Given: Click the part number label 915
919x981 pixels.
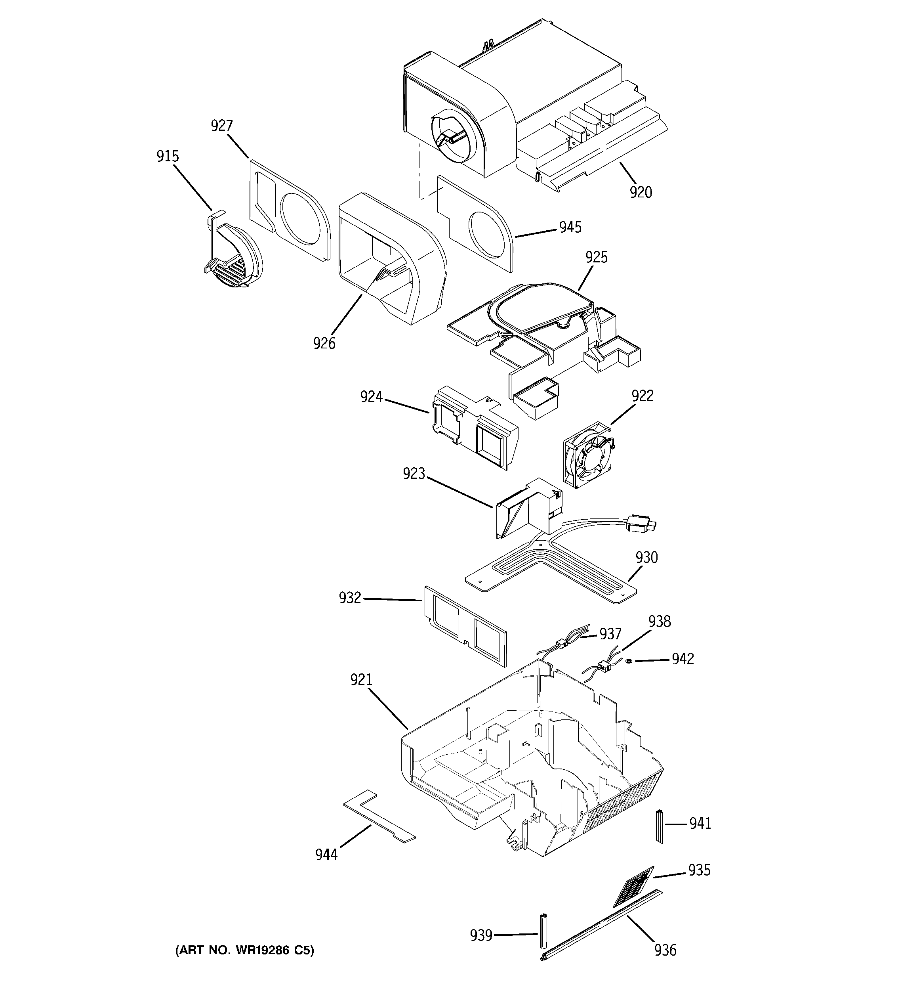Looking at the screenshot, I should (167, 157).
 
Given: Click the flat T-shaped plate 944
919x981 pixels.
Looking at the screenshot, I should (378, 822).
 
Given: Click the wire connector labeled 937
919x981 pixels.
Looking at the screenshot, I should (561, 643).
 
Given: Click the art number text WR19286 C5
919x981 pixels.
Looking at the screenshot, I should (245, 950).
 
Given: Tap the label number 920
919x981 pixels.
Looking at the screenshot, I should (640, 192).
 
